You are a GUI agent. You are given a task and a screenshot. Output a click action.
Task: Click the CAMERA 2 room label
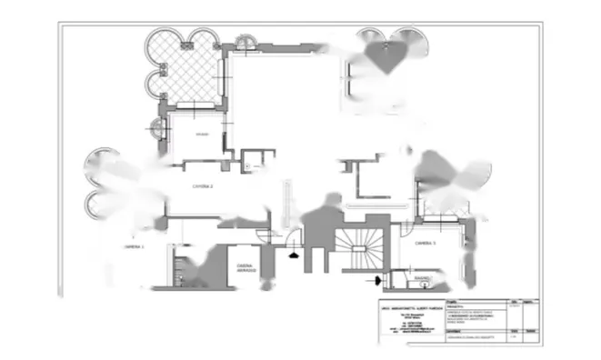tap(202, 185)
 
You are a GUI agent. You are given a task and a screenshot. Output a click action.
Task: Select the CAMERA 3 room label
tap(426, 244)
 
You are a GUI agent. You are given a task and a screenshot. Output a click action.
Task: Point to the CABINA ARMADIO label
tap(246, 269)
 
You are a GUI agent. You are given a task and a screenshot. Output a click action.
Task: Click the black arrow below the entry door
tap(293, 255)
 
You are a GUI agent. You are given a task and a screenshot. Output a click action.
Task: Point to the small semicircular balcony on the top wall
tap(246, 43)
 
